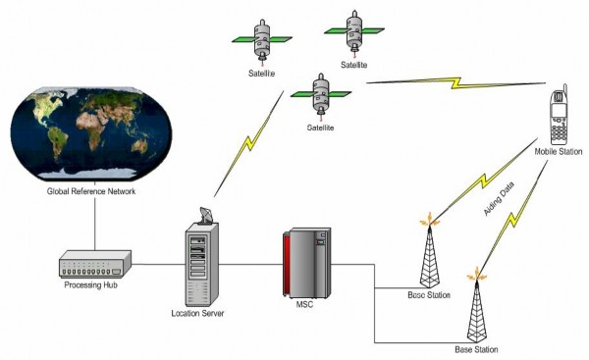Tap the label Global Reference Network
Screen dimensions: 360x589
pyautogui.click(x=91, y=190)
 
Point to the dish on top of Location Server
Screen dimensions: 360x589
pyautogui.click(x=202, y=217)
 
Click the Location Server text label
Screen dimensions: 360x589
pyautogui.click(x=198, y=314)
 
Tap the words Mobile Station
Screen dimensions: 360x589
pyautogui.click(x=558, y=152)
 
